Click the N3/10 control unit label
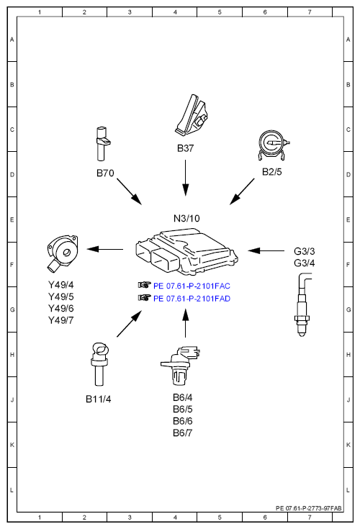click(186, 218)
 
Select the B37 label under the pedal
click(185, 148)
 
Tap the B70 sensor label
click(105, 173)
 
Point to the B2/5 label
click(272, 172)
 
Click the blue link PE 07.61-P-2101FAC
click(192, 286)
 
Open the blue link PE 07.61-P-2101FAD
click(192, 299)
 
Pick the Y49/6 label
click(60, 308)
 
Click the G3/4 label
click(305, 263)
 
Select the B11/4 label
click(98, 399)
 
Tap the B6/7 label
click(183, 433)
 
